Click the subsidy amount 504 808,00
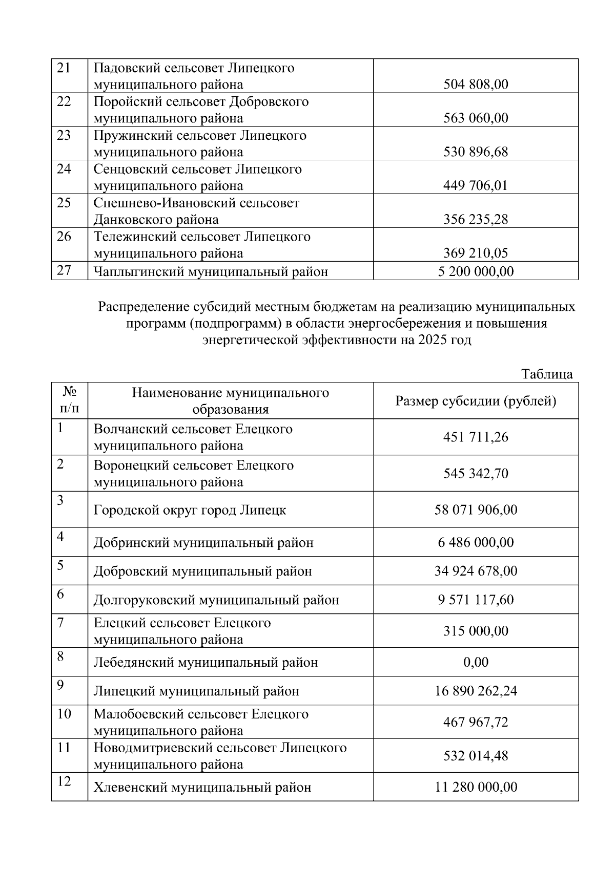pos(476,84)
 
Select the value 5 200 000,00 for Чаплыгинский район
pos(476,271)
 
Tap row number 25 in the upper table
pos(64,203)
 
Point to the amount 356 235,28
pos(476,220)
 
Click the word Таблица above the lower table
pos(547,374)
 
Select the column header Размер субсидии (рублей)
pos(476,401)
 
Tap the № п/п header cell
pos(69,401)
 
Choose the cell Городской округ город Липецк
pos(190,511)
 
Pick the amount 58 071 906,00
pos(476,510)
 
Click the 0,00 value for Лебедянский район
pos(476,663)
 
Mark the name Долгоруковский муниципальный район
pos(216,600)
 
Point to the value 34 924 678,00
pos(476,571)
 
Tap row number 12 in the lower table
pos(64,781)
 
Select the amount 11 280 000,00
pos(476,787)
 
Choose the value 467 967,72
pos(476,723)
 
